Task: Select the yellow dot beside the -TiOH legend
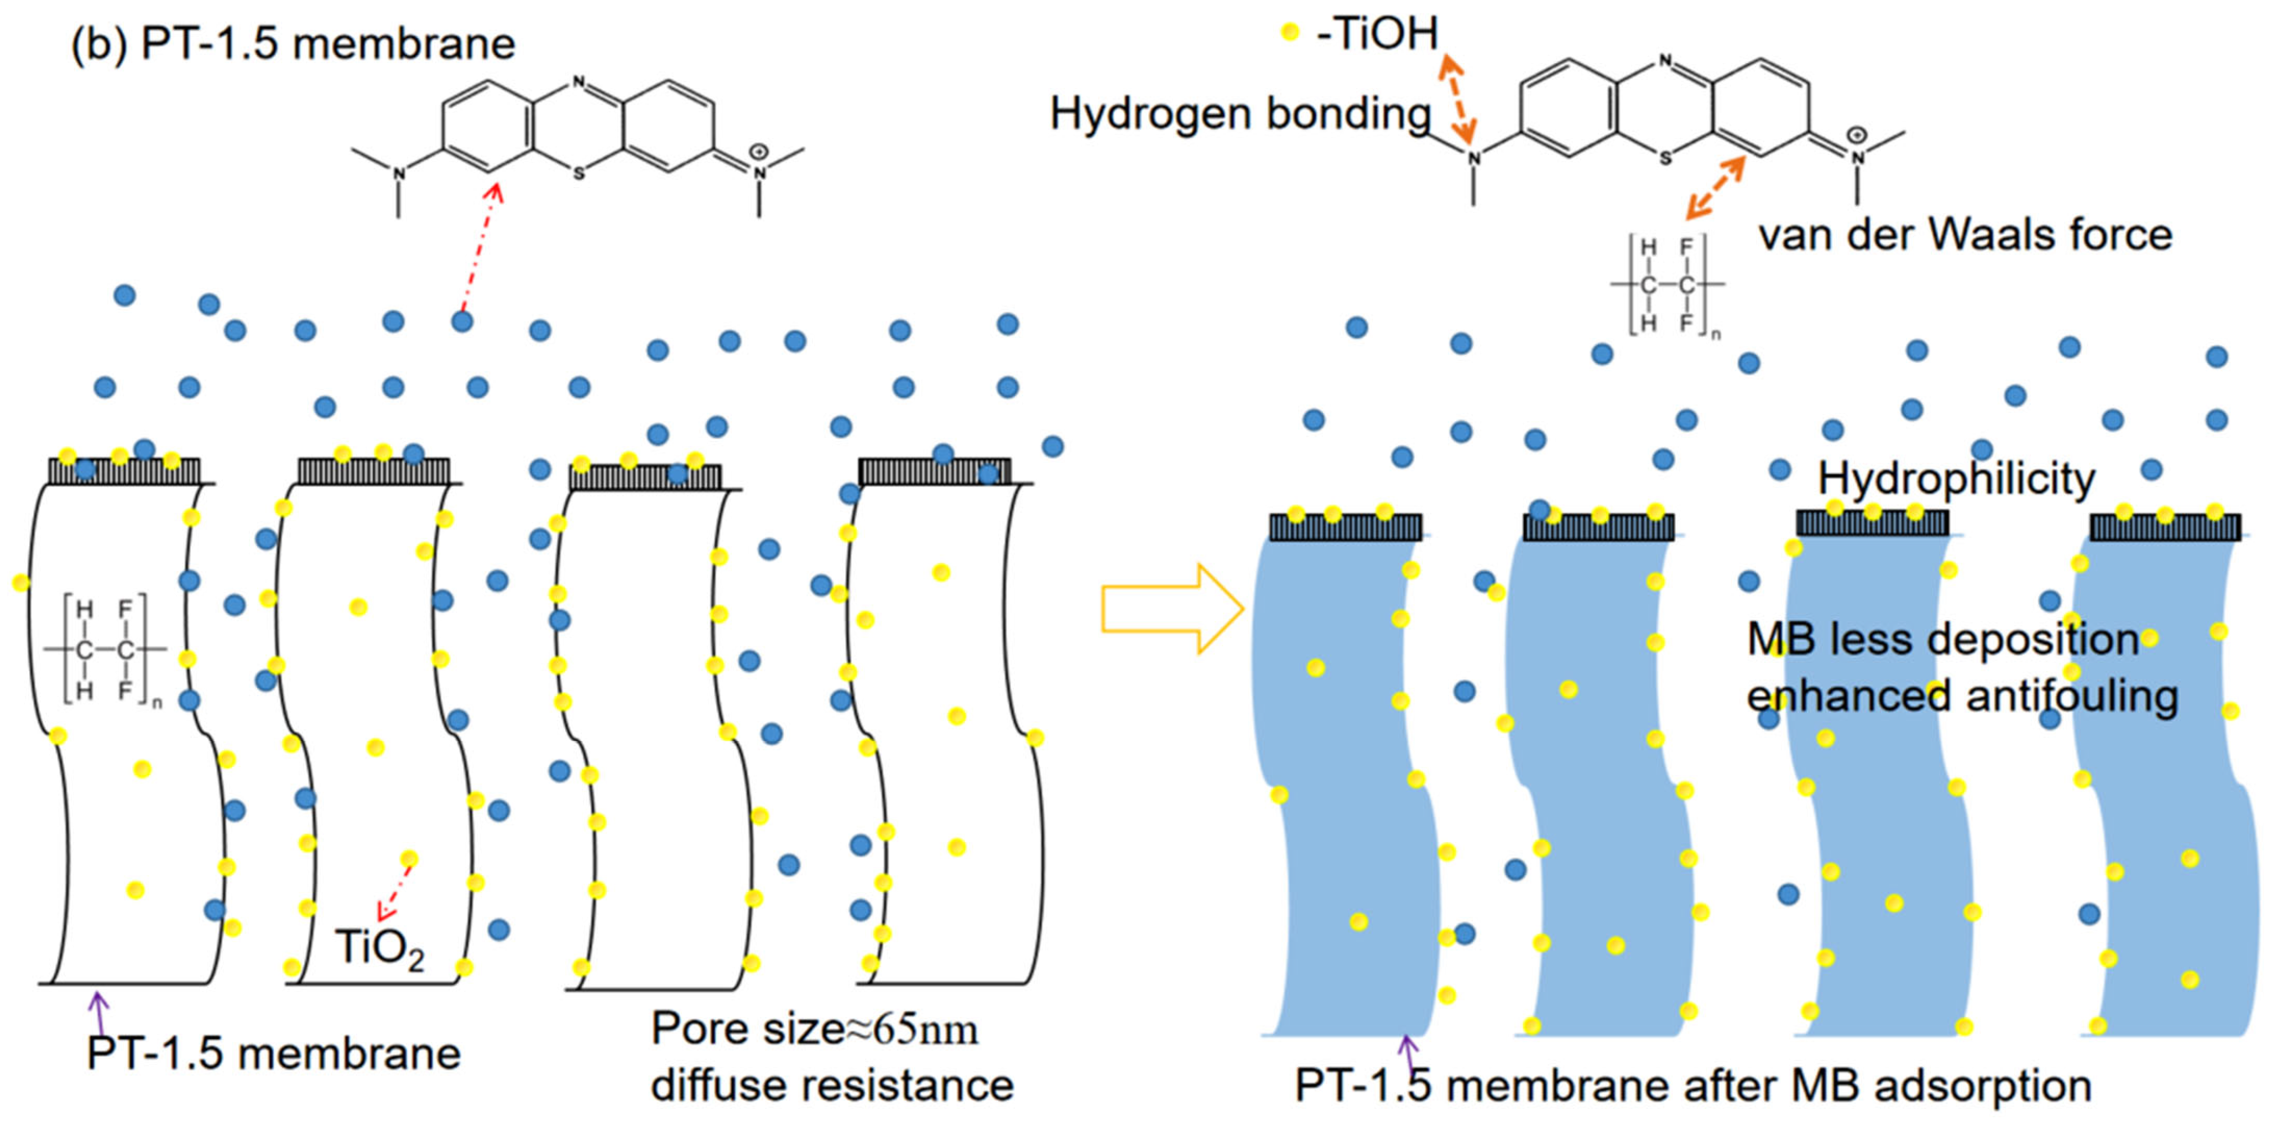coord(1290,33)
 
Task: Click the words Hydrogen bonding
coord(1239,114)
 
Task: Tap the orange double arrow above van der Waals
coord(1715,188)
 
